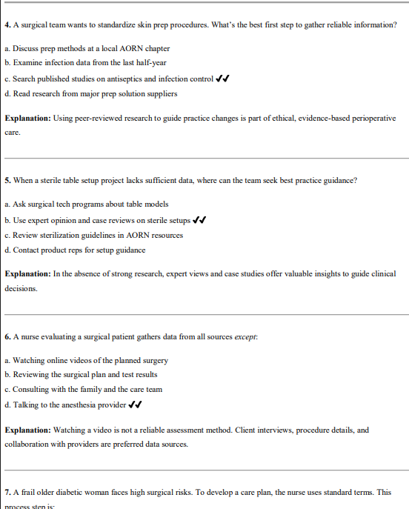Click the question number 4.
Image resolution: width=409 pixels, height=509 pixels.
[7, 25]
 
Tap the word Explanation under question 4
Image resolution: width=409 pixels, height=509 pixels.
[27, 118]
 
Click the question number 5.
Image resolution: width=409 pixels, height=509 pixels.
[7, 180]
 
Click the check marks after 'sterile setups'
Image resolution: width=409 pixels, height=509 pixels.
[199, 219]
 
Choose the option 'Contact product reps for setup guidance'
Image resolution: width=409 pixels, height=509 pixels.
[74, 250]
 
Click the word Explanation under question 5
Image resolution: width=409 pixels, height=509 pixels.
[27, 273]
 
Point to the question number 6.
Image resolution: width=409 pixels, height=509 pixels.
[7, 336]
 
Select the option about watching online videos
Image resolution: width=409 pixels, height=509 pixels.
[85, 360]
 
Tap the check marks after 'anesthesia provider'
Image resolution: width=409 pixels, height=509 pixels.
[135, 405]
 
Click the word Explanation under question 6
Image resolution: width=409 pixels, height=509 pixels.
[27, 430]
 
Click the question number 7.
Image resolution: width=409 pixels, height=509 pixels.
[7, 491]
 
